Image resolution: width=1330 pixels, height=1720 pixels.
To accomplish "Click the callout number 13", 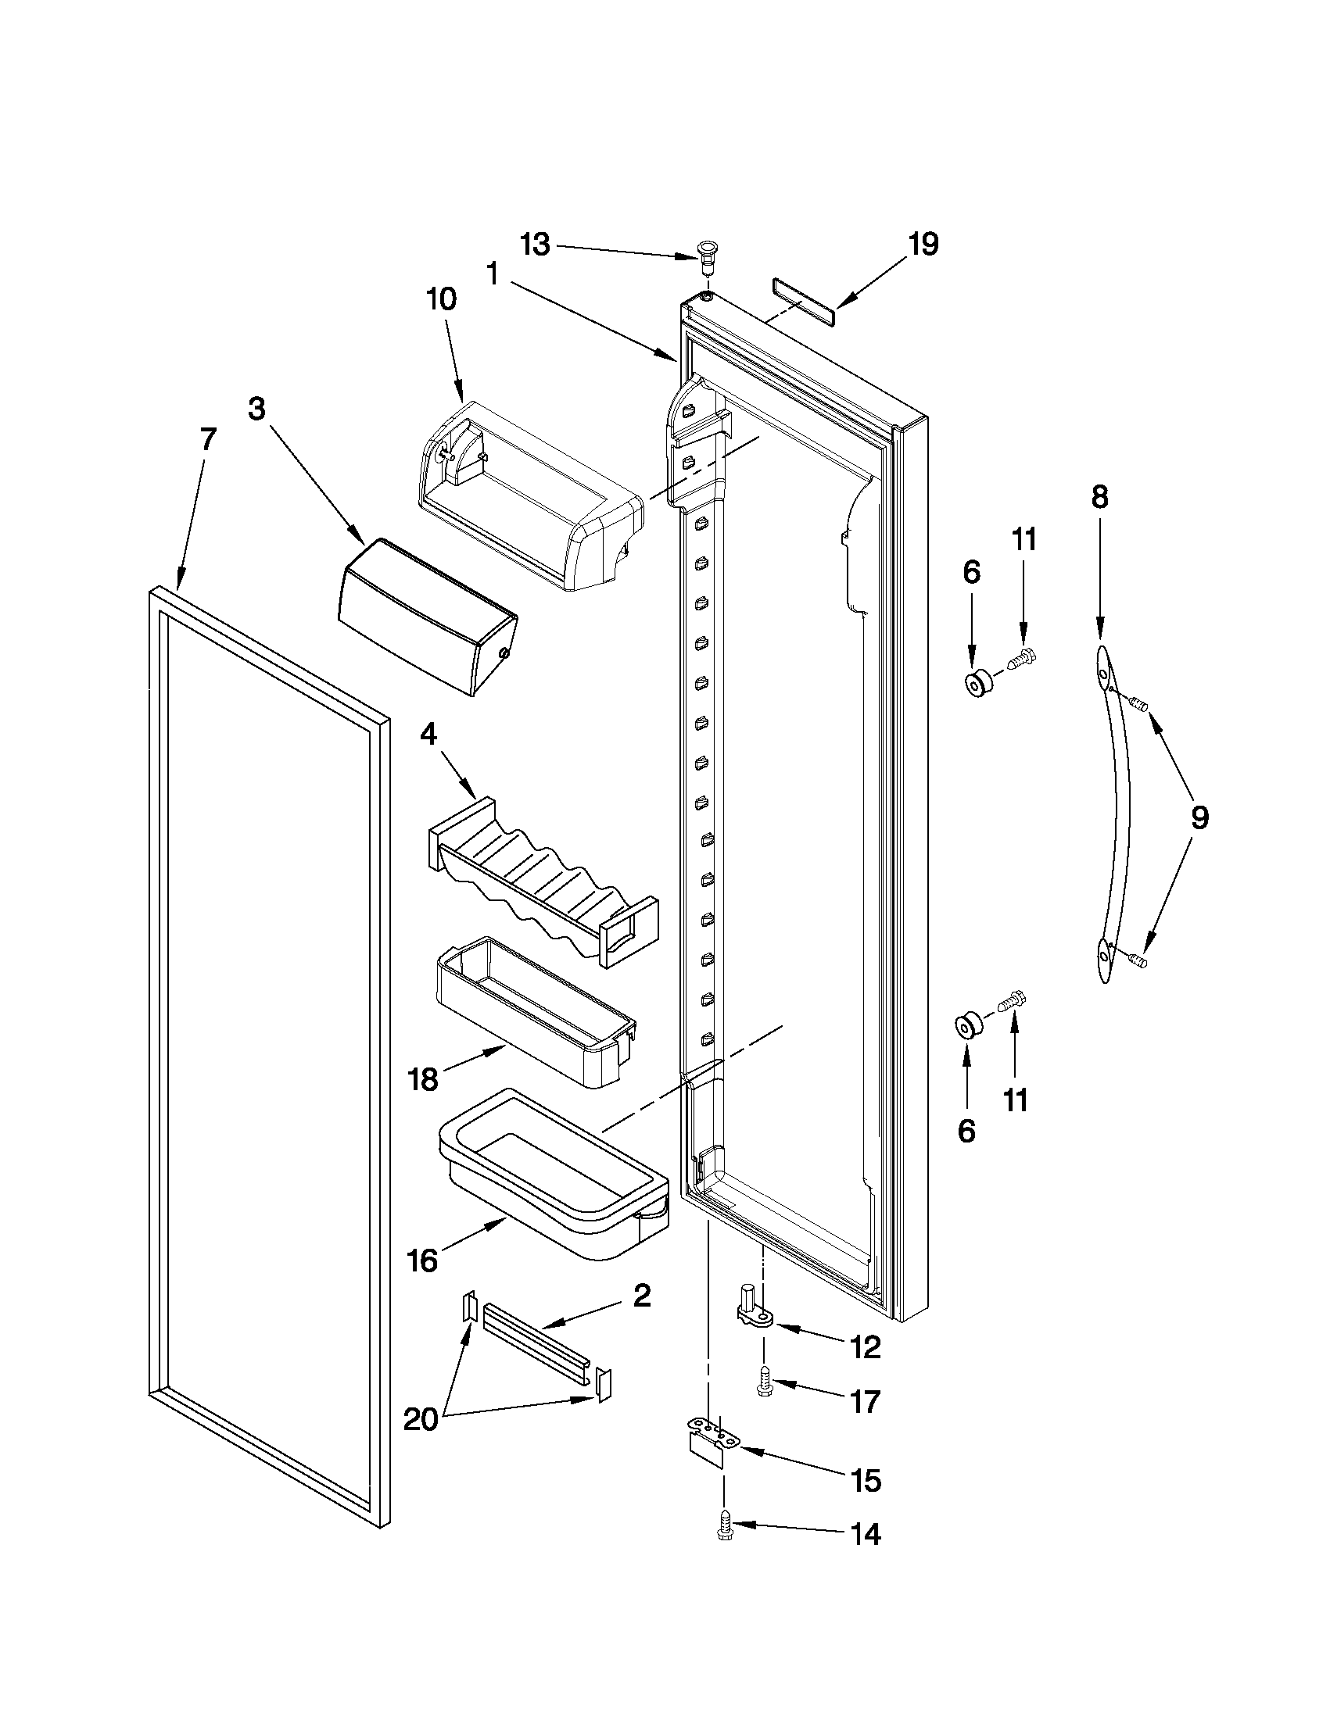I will click(535, 245).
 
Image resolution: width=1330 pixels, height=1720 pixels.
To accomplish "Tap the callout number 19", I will click(923, 244).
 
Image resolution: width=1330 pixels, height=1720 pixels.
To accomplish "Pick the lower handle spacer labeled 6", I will click(967, 1028).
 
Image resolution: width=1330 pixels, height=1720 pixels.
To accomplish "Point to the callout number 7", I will click(206, 439).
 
